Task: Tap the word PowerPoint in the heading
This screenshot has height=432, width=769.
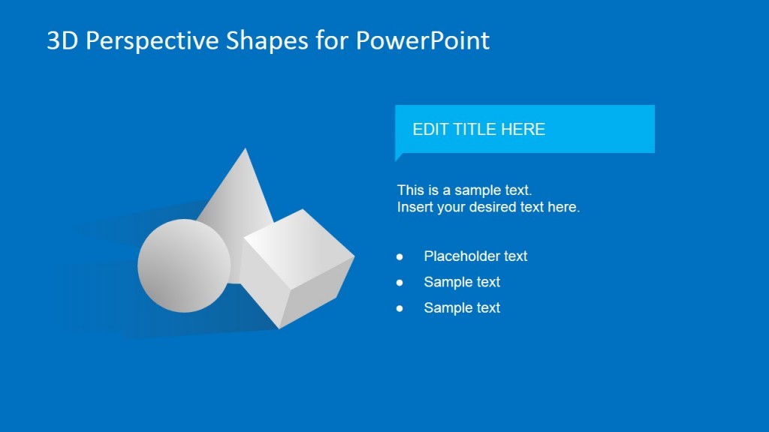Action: [x=423, y=40]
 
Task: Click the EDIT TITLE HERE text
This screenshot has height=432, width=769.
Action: [x=478, y=129]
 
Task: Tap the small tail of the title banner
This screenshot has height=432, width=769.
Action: [x=399, y=156]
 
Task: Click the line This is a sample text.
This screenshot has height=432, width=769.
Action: [x=464, y=190]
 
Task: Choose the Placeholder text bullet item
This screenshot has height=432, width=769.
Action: [x=475, y=256]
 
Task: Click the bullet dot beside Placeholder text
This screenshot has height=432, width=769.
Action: [x=400, y=256]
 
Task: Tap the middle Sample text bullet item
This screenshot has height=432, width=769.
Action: [x=462, y=282]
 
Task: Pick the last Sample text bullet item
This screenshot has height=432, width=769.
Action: [x=462, y=307]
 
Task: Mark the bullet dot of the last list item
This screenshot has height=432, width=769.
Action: [x=400, y=307]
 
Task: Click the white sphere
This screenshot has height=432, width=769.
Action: [x=184, y=265]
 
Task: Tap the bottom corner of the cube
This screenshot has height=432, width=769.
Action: [x=279, y=328]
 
